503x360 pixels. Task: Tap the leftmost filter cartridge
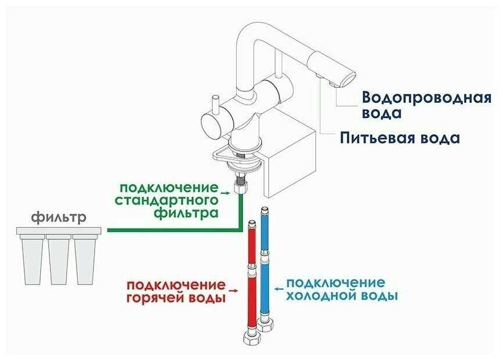pos(34,260)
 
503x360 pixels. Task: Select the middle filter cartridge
pos(59,260)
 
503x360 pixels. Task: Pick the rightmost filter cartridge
pos(85,260)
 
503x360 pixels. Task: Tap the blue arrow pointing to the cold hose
pos(278,286)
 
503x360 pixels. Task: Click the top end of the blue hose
pos(265,208)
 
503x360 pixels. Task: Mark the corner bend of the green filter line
pos(239,229)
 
